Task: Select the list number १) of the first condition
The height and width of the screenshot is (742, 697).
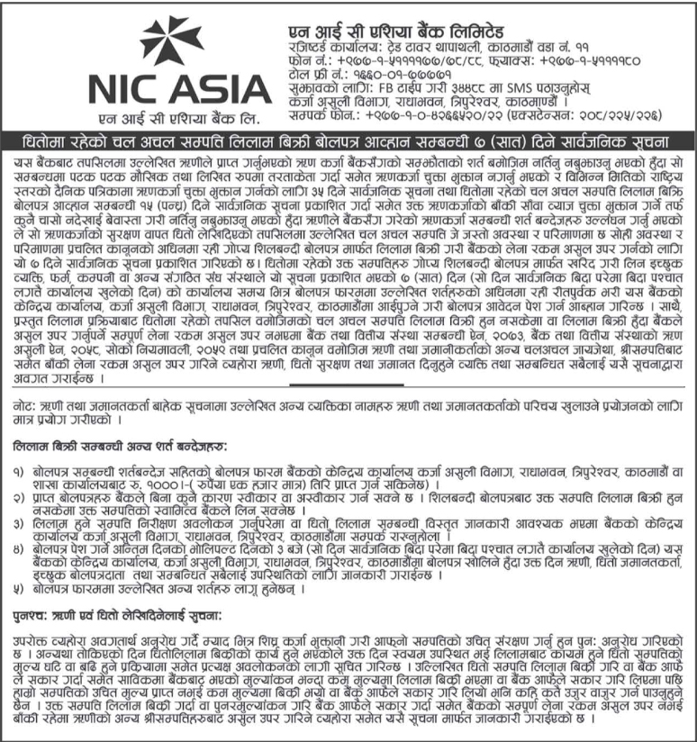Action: tap(21, 471)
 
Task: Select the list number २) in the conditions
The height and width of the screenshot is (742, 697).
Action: tap(21, 496)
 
